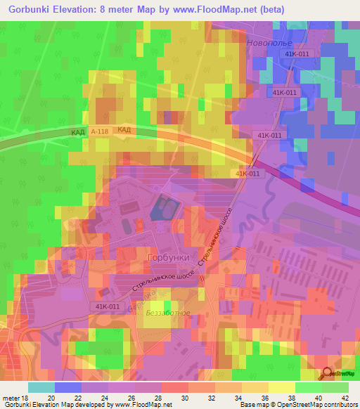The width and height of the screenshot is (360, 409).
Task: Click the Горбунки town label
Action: click(169, 258)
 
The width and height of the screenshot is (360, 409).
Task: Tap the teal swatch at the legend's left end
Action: click(41, 387)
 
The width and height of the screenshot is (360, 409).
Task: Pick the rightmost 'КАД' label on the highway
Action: click(124, 130)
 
